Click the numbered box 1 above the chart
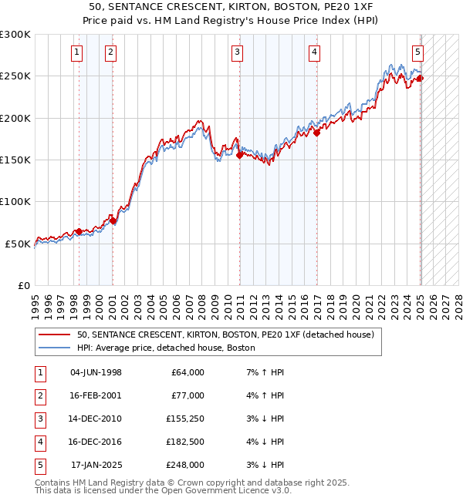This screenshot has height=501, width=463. click(78, 52)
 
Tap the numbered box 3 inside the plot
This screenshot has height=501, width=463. click(237, 52)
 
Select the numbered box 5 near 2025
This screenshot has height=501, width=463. click(417, 52)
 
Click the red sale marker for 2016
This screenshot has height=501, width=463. click(316, 133)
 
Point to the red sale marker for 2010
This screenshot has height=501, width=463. click(239, 155)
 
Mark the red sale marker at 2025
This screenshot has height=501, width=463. click(421, 78)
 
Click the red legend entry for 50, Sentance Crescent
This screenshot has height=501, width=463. click(225, 335)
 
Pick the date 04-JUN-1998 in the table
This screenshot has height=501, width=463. click(96, 372)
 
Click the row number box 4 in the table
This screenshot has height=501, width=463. click(39, 442)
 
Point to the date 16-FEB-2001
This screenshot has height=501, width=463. click(96, 395)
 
